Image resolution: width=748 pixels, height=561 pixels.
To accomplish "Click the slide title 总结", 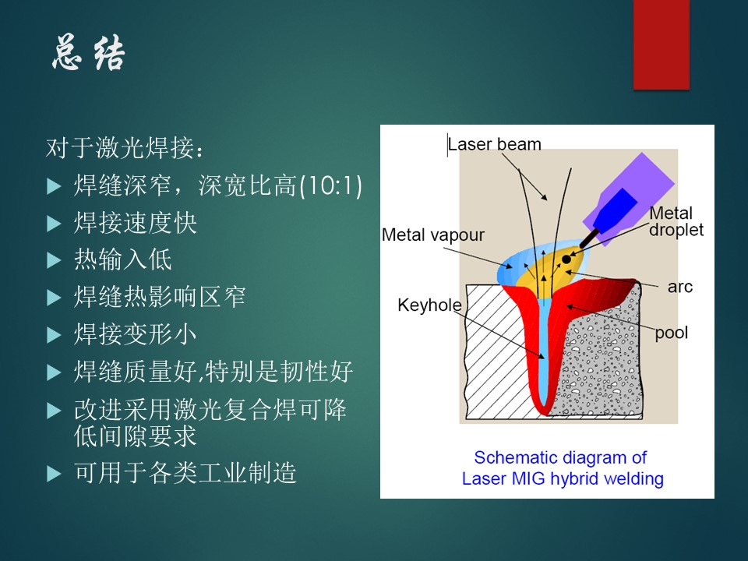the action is pyautogui.click(x=89, y=54).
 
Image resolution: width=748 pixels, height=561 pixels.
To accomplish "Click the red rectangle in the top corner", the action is pyautogui.click(x=662, y=44).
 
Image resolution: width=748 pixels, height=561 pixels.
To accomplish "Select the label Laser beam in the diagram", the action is pyautogui.click(x=495, y=144).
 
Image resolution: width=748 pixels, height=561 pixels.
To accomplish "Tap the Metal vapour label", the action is pyautogui.click(x=432, y=235).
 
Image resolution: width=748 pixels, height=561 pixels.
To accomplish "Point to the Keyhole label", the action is pyautogui.click(x=429, y=305).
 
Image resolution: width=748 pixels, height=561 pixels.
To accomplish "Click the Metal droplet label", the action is pyautogui.click(x=676, y=221).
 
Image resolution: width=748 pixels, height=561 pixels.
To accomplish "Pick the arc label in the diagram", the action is pyautogui.click(x=679, y=287).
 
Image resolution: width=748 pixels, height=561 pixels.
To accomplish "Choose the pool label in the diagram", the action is pyautogui.click(x=671, y=333).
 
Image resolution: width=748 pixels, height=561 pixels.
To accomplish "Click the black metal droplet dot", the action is pyautogui.click(x=566, y=259).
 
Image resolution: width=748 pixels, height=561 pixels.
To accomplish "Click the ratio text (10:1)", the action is pyautogui.click(x=330, y=185).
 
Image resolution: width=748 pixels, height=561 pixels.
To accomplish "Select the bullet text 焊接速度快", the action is pyautogui.click(x=135, y=223).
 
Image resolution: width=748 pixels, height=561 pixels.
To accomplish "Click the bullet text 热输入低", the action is pyautogui.click(x=122, y=259).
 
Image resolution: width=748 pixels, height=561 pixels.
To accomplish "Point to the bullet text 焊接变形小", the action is pyautogui.click(x=135, y=334).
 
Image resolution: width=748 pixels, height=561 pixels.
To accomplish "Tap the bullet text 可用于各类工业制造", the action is pyautogui.click(x=185, y=473).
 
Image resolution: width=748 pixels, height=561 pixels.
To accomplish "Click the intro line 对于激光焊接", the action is pyautogui.click(x=125, y=147).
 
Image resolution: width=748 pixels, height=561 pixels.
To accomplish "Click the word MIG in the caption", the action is pyautogui.click(x=528, y=478).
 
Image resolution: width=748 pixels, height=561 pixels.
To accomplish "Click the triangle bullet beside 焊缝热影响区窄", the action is pyautogui.click(x=54, y=298).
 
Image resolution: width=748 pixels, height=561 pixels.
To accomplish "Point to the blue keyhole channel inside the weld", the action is pyautogui.click(x=543, y=353).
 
